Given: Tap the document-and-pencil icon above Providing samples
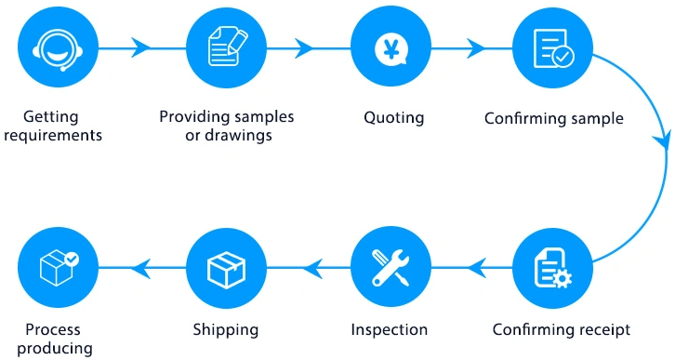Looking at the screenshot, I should [x=225, y=47].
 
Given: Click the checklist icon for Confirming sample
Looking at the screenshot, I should [x=553, y=47].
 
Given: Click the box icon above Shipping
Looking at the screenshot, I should [x=225, y=269].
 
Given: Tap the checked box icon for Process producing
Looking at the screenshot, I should [x=59, y=269].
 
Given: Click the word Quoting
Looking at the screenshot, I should [x=393, y=118].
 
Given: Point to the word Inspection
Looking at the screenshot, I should [x=390, y=329].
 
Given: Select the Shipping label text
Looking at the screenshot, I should [x=225, y=329].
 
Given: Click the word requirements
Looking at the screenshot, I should [x=60, y=136].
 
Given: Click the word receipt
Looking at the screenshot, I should [x=603, y=329].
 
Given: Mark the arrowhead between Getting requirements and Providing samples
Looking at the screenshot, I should [x=141, y=47].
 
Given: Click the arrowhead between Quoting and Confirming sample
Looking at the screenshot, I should [x=475, y=47].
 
